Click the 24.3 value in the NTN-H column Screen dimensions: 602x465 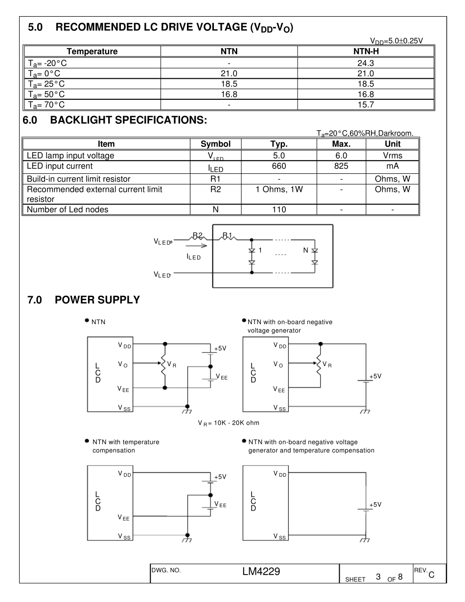pos(366,63)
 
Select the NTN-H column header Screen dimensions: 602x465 pos(366,51)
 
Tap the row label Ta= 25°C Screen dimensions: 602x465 pos(46,84)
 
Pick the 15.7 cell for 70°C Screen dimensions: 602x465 pos(366,104)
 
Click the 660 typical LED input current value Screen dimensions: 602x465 pos(279,166)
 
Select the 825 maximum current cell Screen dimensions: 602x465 pos(341,166)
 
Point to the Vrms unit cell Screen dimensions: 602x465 pos(393,156)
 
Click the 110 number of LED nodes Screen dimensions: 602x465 pos(279,210)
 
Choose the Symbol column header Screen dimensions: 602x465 pos(215,144)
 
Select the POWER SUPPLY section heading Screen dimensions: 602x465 pos(97,300)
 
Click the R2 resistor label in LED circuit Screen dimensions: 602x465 pos(197,235)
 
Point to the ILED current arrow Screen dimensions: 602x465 pos(193,247)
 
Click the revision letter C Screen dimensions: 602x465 pos(431,576)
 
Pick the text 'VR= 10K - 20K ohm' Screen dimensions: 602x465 pos(228,422)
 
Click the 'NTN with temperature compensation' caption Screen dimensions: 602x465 pos(125,446)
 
